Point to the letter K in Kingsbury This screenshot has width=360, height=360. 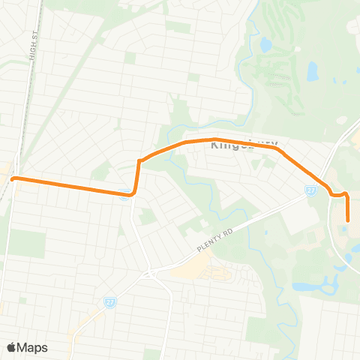(216, 144)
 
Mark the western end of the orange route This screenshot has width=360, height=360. (13, 178)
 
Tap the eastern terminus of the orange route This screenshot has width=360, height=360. (349, 220)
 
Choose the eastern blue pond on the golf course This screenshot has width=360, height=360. (312, 71)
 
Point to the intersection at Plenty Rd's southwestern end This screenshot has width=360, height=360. (151, 274)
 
